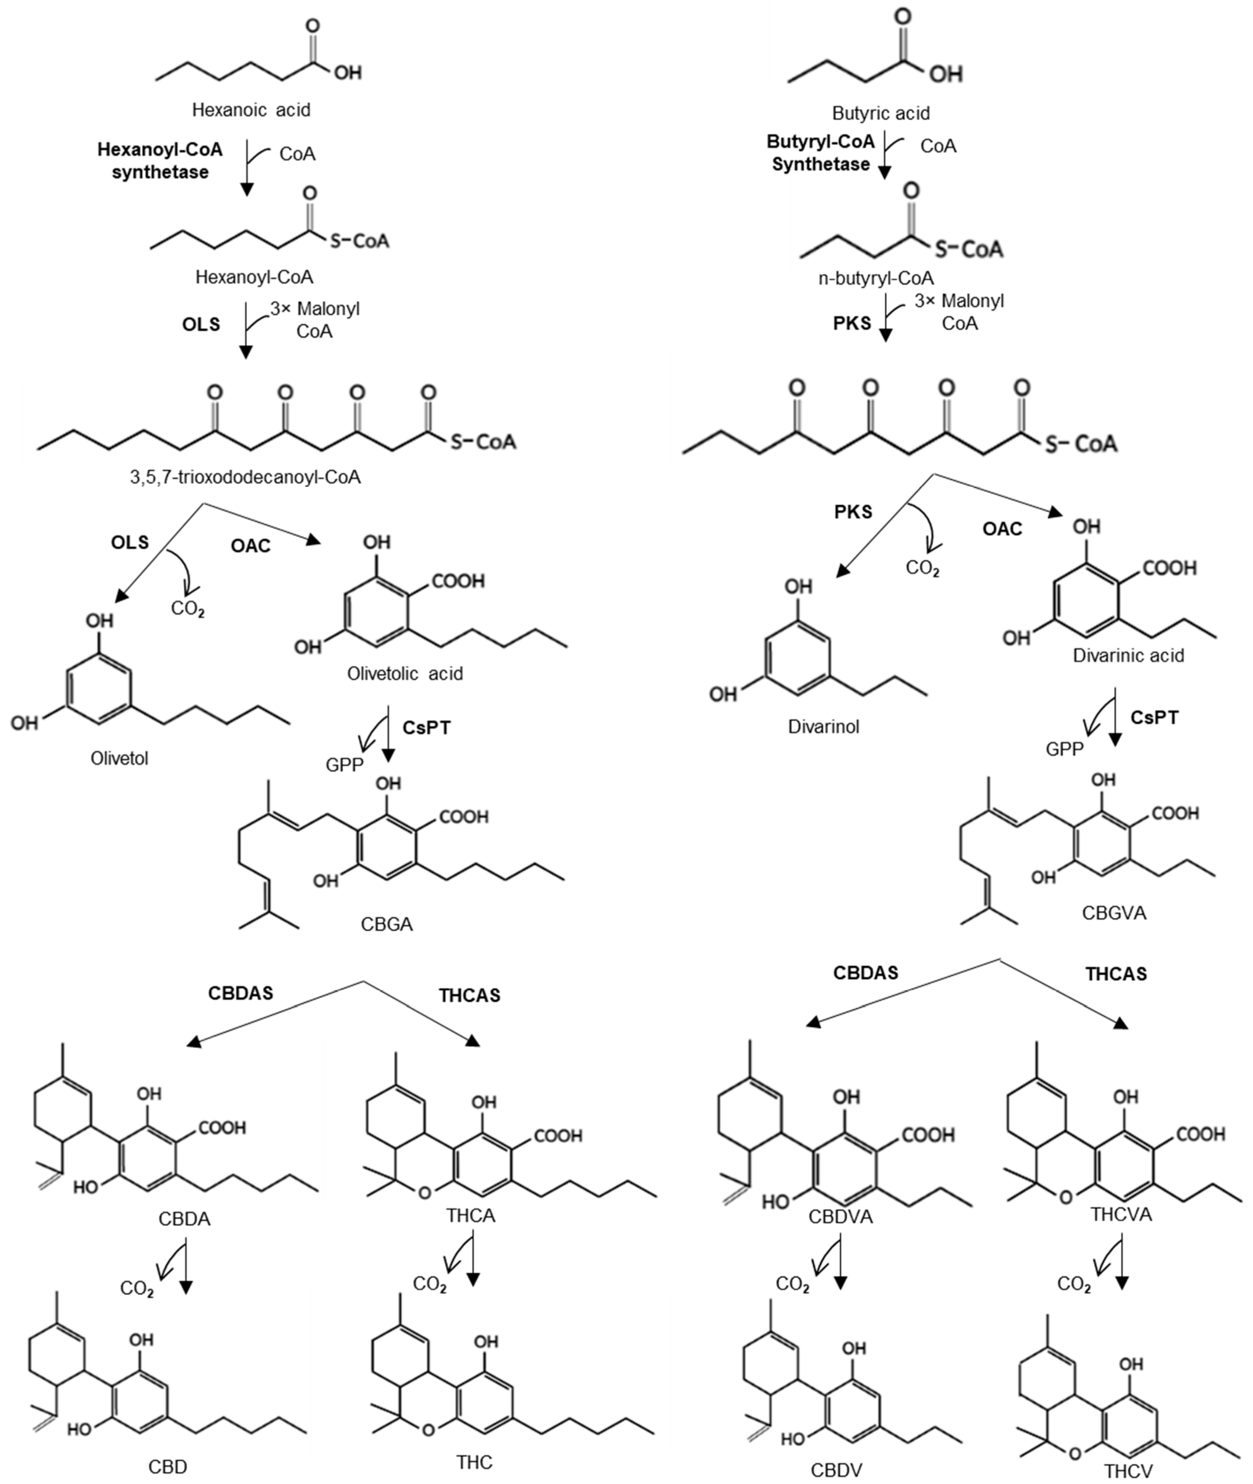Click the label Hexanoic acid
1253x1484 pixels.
pos(251,110)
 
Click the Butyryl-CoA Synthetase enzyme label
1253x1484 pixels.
pos(820,153)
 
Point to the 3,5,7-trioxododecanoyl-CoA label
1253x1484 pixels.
pos(245,477)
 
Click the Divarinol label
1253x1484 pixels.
pos(823,727)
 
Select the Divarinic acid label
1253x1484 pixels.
pos(1128,655)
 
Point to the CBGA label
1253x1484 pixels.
pos(386,924)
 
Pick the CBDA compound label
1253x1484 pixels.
pos(184,1219)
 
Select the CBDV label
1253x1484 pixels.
pos(836,1470)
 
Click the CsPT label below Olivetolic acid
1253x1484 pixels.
pos(426,727)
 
